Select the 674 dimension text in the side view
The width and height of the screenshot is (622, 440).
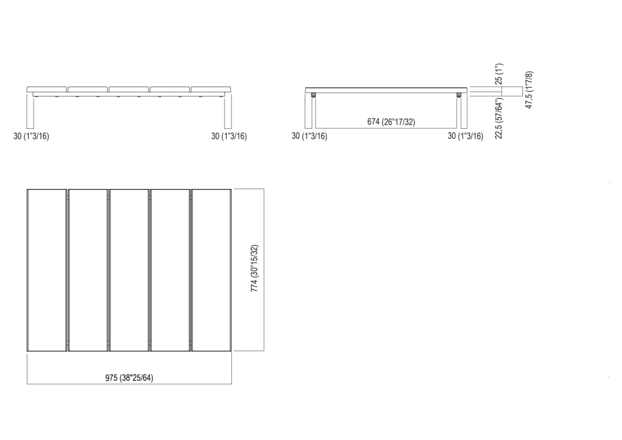tap(391, 122)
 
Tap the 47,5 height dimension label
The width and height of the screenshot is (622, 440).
tap(529, 90)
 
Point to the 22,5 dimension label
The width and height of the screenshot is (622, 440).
tap(498, 118)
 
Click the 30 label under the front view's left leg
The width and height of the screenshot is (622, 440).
tap(31, 136)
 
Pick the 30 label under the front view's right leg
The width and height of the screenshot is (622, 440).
tap(229, 136)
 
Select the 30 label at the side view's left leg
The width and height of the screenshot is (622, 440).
tap(309, 136)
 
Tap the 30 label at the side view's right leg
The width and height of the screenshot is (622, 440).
tap(465, 136)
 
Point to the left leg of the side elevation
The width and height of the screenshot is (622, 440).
tap(309, 111)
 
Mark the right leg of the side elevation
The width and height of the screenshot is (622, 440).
tap(463, 111)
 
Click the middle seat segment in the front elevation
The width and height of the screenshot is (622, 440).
tap(129, 90)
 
